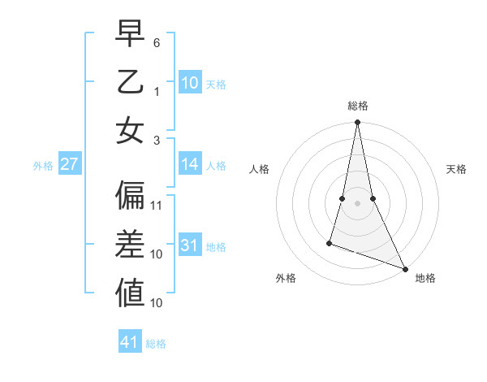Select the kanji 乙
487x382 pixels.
[x=130, y=84]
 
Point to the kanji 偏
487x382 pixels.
[x=130, y=196]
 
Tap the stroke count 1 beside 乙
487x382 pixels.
[x=157, y=90]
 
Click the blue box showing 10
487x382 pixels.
[x=190, y=82]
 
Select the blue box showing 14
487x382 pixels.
[x=190, y=164]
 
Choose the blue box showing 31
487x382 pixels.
[x=190, y=245]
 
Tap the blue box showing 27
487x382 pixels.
[x=69, y=164]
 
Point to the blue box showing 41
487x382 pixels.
[x=130, y=342]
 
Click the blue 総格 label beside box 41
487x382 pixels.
[x=156, y=344]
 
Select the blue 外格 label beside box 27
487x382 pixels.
[x=43, y=166]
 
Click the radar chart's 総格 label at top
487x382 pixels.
[x=357, y=106]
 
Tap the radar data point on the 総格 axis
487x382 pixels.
[x=357, y=124]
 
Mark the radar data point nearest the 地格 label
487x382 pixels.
[x=405, y=268]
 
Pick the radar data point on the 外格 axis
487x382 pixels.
[x=330, y=242]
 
